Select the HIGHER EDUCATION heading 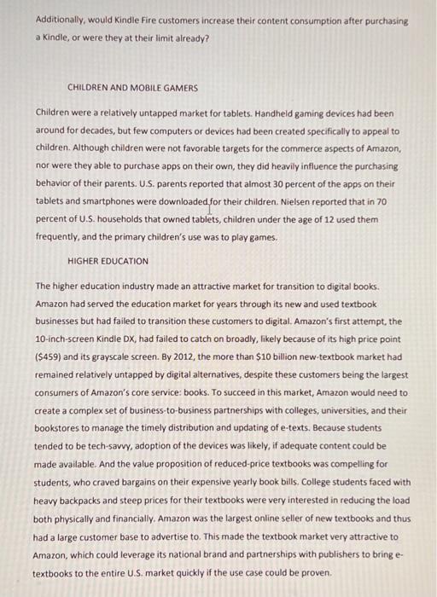(x=108, y=260)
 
